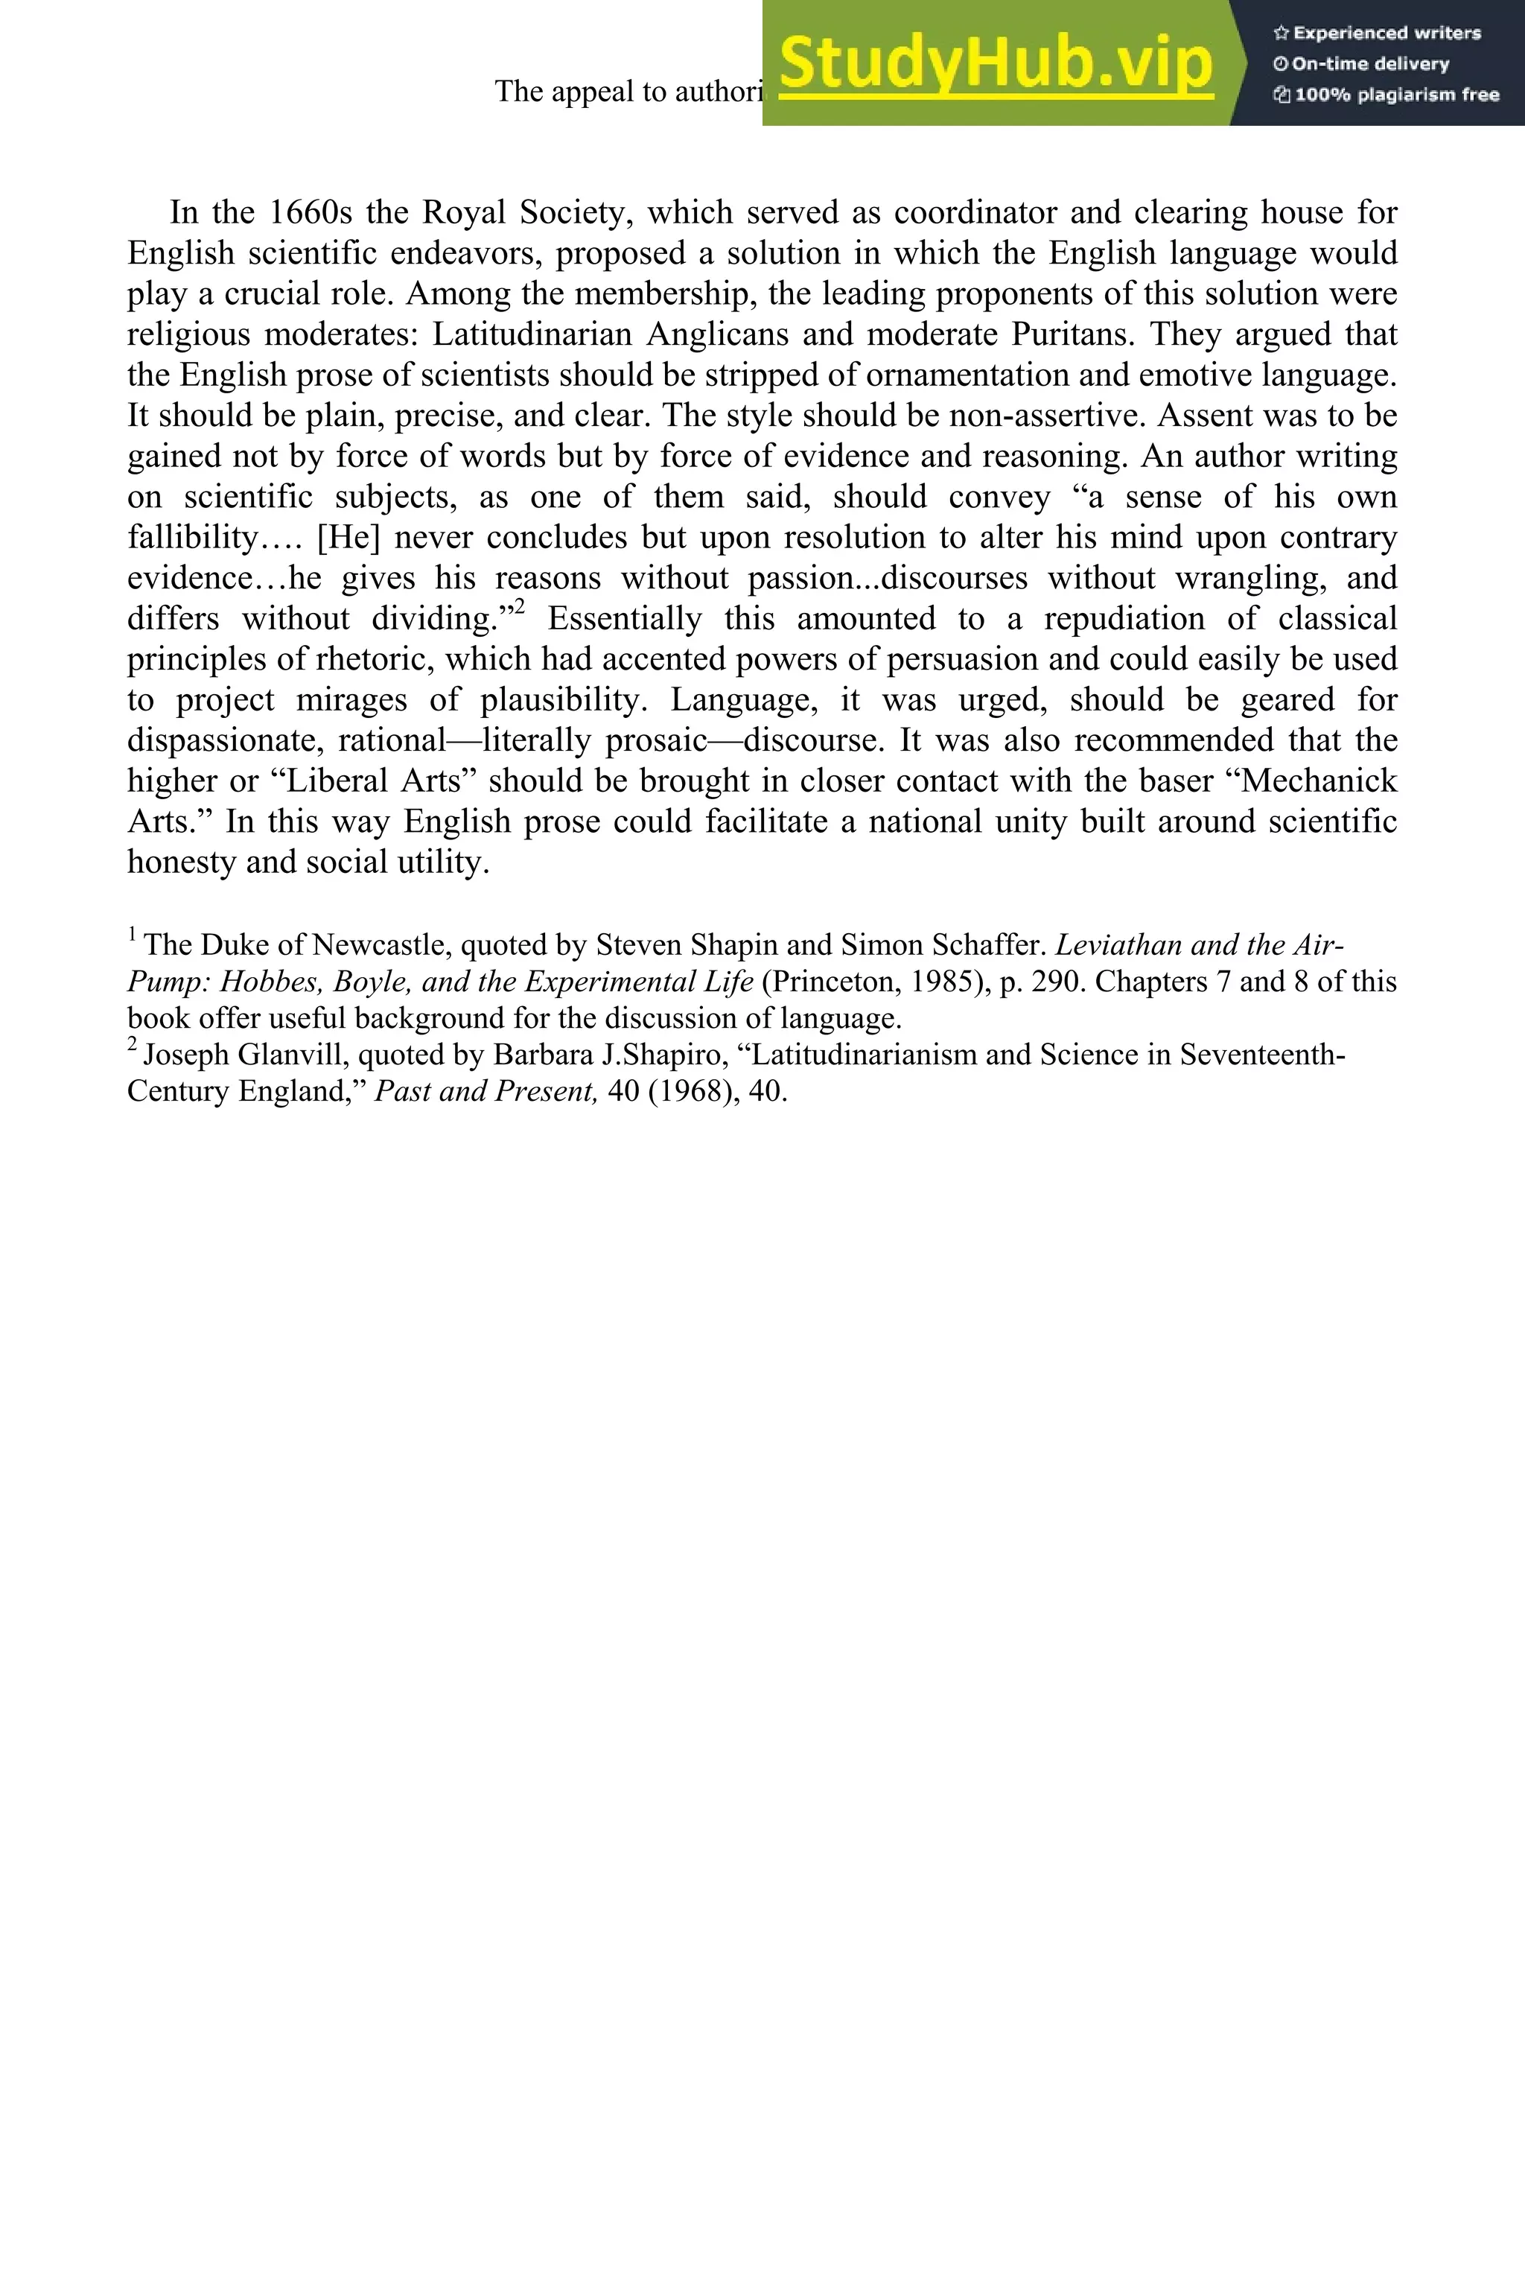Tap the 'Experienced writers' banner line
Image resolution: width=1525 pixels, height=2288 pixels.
point(1377,33)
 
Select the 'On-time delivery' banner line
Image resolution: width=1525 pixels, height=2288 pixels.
point(1362,64)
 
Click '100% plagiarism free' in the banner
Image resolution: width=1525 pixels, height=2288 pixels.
point(1387,95)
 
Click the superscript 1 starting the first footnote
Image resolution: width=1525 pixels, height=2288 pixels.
point(133,935)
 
